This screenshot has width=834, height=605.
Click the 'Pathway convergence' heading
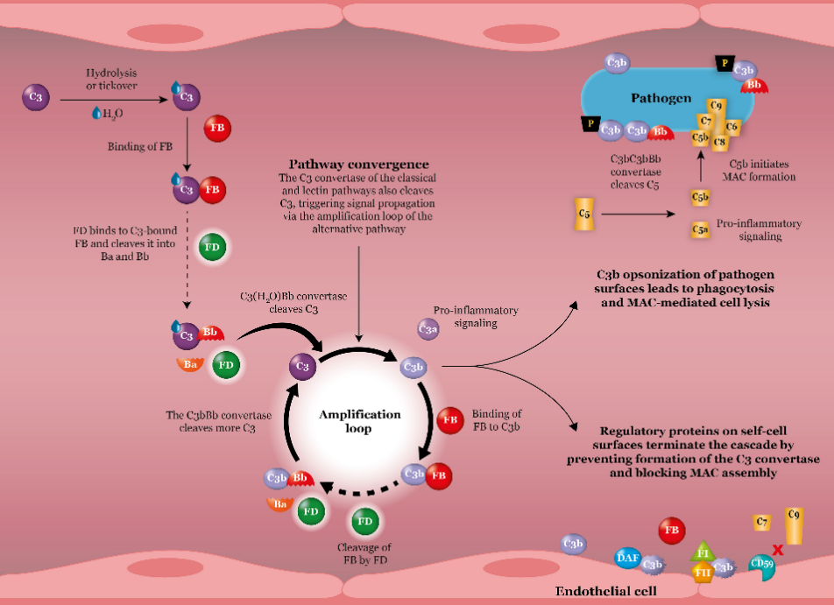[359, 164]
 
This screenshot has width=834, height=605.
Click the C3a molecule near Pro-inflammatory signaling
[428, 328]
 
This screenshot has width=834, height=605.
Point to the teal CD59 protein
[761, 566]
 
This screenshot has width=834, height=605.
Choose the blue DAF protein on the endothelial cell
[627, 557]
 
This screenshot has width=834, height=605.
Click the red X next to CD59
[776, 552]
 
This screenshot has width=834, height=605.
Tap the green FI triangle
[703, 552]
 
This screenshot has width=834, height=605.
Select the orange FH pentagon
[702, 573]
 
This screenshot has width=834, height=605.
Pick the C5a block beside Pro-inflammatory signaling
[700, 230]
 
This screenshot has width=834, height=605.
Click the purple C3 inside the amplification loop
[302, 367]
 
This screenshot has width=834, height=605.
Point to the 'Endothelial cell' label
[606, 591]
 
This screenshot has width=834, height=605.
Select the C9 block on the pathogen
[717, 107]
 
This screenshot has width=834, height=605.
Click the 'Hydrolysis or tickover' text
[112, 77]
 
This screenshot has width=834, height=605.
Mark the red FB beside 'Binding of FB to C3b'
[450, 419]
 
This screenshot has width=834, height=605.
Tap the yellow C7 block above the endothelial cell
[762, 523]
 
